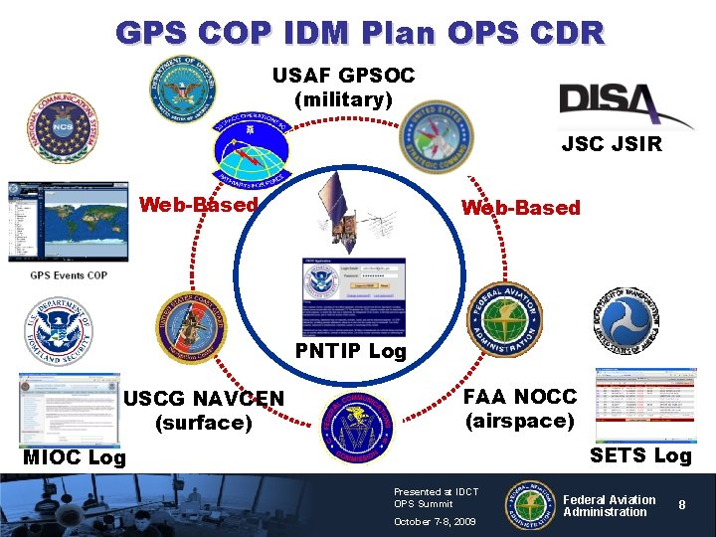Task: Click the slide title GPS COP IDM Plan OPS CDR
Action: [x=359, y=32]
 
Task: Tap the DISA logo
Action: [x=626, y=104]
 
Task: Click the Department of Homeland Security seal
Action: [x=59, y=333]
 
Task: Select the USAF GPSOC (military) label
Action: [x=343, y=88]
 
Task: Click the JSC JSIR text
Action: [x=611, y=145]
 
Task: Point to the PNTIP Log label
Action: [x=350, y=351]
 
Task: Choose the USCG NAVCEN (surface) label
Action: [x=204, y=411]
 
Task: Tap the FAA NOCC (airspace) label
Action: [x=519, y=408]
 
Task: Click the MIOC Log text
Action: [x=74, y=457]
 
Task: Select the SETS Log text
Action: [x=639, y=455]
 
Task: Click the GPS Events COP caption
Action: [x=68, y=275]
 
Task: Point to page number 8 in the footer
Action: [x=682, y=505]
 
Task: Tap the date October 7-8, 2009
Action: [x=435, y=521]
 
